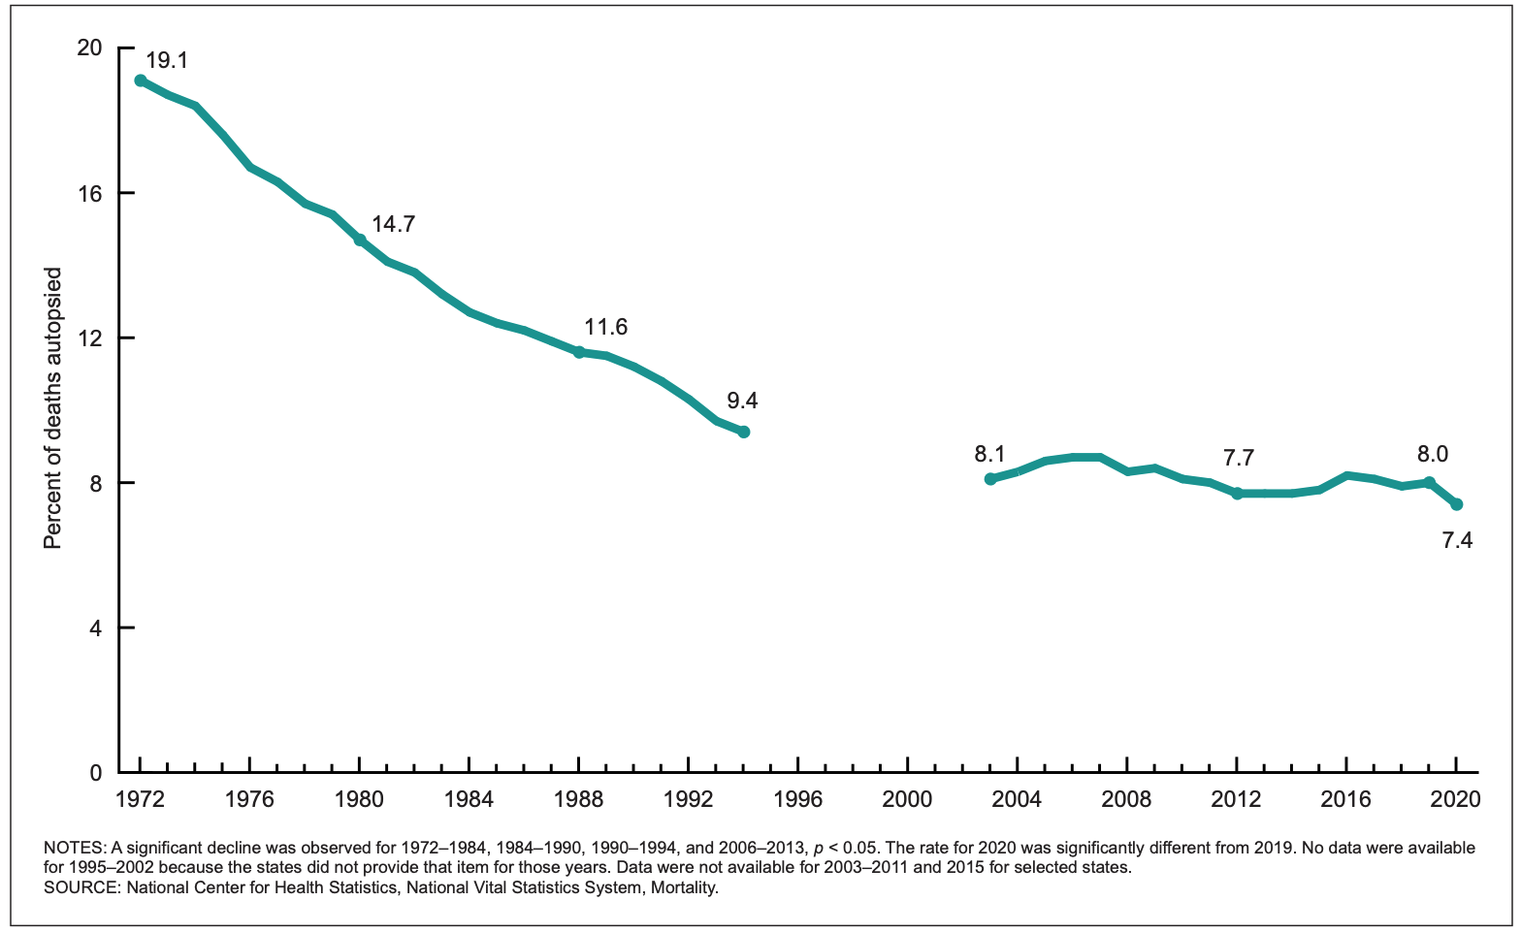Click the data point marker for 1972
pos(141,80)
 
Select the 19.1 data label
pos(167,60)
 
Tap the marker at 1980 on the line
pos(360,240)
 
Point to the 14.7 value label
pos(393,224)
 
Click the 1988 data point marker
pos(579,352)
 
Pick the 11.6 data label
pos(605,327)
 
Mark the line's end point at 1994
pos(743,432)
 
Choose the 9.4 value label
pos(742,401)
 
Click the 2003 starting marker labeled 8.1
pos(990,479)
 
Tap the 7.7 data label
pos(1239,459)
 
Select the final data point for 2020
pos(1457,504)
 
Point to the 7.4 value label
pos(1457,540)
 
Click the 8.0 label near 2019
pos(1433,454)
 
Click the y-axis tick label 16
pos(89,194)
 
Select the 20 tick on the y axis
pos(89,48)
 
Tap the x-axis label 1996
pos(797,799)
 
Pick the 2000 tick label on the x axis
pos(907,799)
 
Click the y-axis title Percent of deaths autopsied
pos(52,407)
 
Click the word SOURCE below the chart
pos(81,887)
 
